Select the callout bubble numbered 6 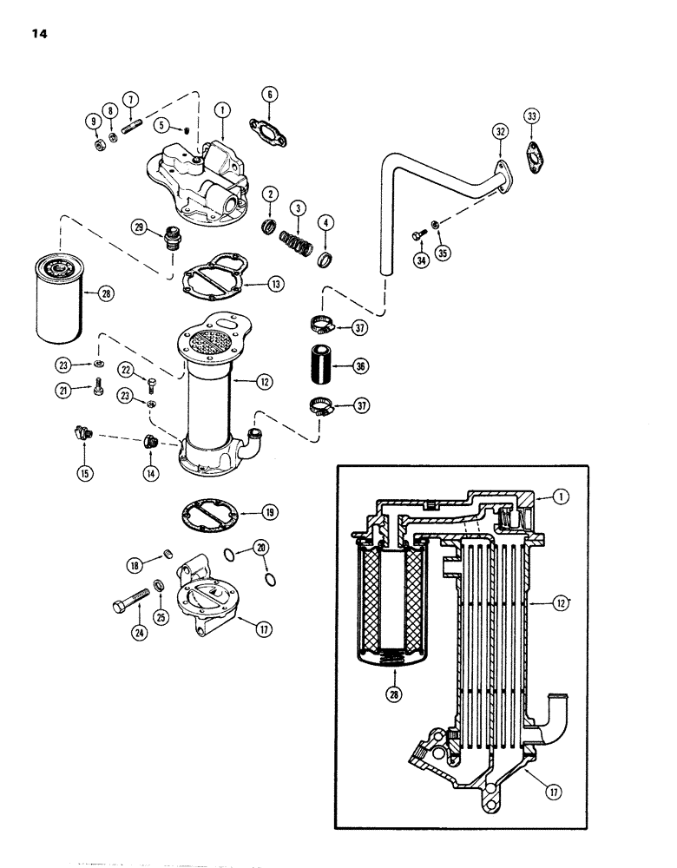[x=269, y=94]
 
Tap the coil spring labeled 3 [x=298, y=236]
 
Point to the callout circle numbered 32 [x=499, y=132]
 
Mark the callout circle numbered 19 [x=269, y=512]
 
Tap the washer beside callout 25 [x=160, y=585]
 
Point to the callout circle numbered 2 [x=270, y=194]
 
